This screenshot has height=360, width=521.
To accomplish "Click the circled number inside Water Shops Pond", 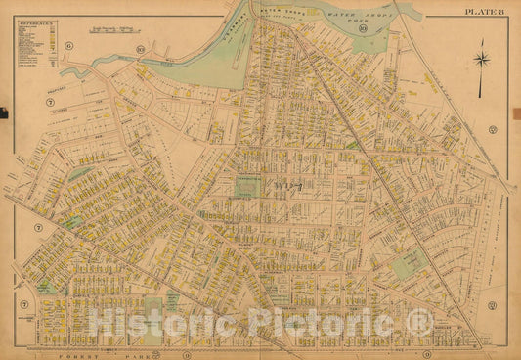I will tap(362, 39).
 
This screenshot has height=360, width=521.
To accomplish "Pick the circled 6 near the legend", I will tap(69, 46).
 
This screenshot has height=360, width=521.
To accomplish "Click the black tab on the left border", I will tap(3, 113).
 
